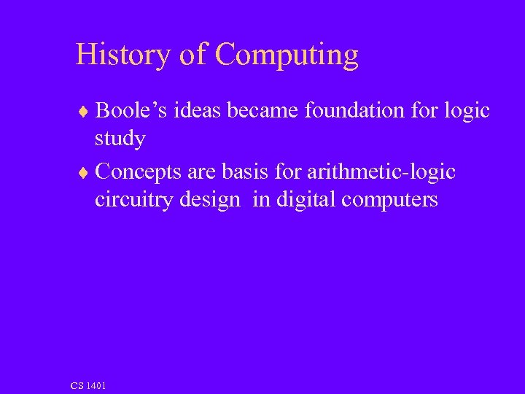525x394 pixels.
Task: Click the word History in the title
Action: click(122, 55)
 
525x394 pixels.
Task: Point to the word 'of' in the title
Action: click(192, 55)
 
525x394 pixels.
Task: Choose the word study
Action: click(120, 139)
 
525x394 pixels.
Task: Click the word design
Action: click(214, 201)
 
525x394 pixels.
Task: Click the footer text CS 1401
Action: click(88, 385)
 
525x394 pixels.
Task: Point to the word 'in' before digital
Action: click(260, 200)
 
